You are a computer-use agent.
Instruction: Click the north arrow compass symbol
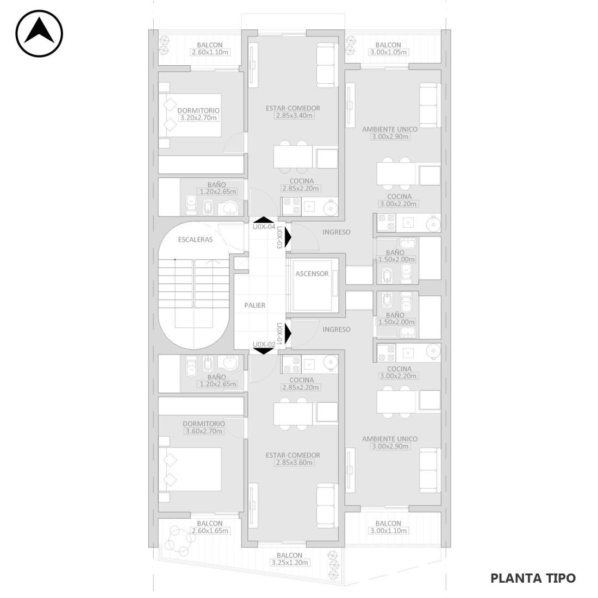click(x=39, y=34)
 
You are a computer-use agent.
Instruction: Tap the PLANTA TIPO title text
click(x=533, y=578)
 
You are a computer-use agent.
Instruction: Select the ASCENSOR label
click(x=312, y=273)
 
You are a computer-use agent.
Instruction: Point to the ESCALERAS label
click(x=195, y=240)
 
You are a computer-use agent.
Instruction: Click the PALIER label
click(x=255, y=305)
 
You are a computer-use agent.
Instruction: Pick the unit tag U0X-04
click(x=264, y=227)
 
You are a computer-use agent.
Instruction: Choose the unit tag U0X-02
click(x=264, y=344)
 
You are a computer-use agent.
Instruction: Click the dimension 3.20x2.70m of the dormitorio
click(x=198, y=118)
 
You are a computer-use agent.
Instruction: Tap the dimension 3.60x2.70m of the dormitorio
click(x=204, y=431)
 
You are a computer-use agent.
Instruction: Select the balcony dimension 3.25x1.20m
click(x=289, y=563)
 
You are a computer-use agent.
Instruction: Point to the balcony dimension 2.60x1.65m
click(x=210, y=531)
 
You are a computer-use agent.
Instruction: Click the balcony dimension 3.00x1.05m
click(x=388, y=52)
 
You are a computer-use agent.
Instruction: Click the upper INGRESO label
click(x=337, y=232)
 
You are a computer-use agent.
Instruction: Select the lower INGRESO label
click(x=337, y=329)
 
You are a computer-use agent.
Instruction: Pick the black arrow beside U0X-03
click(x=288, y=237)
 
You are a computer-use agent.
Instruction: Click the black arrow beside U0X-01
click(x=288, y=333)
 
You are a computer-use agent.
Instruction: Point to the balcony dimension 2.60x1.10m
click(x=210, y=52)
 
